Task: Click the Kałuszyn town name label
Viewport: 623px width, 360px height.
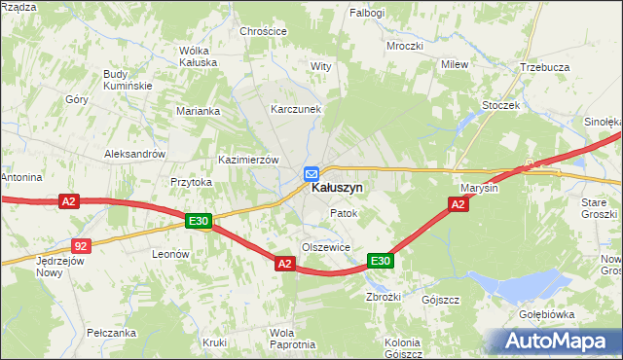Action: click(337, 189)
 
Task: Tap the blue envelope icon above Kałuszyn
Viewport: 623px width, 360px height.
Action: click(311, 173)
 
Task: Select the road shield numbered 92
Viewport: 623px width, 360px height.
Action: click(82, 246)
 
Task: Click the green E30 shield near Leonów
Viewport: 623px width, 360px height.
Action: click(199, 222)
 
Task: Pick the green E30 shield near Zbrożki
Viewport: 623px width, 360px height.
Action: click(380, 261)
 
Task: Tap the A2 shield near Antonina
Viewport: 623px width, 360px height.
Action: click(67, 201)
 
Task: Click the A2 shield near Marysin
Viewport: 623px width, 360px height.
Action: click(458, 203)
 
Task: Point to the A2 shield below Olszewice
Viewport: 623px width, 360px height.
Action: click(284, 264)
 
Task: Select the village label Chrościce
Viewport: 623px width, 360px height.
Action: click(264, 31)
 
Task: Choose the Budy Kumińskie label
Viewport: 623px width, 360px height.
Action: click(128, 80)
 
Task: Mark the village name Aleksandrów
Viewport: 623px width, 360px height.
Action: click(135, 155)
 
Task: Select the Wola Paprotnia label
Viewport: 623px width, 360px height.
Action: click(293, 339)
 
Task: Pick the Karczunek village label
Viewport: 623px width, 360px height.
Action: click(296, 110)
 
